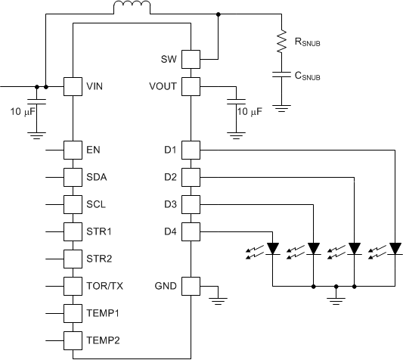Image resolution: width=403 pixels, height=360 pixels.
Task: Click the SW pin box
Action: (x=191, y=60)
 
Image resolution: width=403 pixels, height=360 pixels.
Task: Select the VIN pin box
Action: (x=73, y=87)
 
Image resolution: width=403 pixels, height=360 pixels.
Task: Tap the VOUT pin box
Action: (x=191, y=87)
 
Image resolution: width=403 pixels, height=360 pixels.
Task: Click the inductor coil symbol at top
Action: (x=132, y=7)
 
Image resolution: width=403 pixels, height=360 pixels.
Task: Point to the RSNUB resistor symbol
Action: (x=282, y=41)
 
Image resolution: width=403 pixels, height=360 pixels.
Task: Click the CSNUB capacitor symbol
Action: (x=282, y=75)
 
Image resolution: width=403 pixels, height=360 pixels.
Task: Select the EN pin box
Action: (x=73, y=150)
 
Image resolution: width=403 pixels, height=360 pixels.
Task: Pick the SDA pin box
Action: (x=73, y=177)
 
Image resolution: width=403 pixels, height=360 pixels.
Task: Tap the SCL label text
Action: (x=96, y=204)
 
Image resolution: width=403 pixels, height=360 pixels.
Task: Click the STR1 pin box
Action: (x=73, y=231)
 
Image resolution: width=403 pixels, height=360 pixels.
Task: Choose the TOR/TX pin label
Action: (x=104, y=286)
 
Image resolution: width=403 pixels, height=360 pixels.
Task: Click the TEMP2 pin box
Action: (x=73, y=340)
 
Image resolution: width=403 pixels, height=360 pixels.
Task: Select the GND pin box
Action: (x=191, y=286)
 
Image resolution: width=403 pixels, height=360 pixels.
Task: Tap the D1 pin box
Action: (x=191, y=150)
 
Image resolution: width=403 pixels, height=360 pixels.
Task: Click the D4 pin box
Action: (x=191, y=231)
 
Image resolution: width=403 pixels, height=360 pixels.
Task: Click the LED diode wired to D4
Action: (x=273, y=249)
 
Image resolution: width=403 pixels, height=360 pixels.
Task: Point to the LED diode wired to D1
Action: (x=395, y=249)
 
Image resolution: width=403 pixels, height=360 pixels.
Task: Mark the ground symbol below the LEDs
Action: (x=336, y=301)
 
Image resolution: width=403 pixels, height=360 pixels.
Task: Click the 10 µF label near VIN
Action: (x=23, y=112)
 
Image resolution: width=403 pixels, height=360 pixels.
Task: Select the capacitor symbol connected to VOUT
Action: (x=236, y=101)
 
